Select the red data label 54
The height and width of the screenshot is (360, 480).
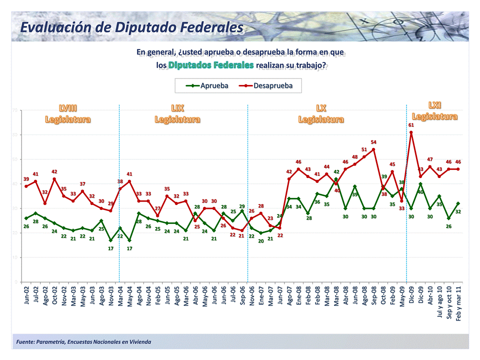(x=373, y=142)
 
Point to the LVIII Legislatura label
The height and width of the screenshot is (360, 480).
(x=68, y=114)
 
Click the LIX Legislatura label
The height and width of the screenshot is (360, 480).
(x=177, y=114)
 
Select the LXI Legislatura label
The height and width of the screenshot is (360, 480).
(x=434, y=110)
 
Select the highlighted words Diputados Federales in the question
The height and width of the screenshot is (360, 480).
(x=211, y=65)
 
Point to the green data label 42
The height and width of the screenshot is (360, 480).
(x=336, y=172)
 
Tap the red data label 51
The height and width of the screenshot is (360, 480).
(x=364, y=149)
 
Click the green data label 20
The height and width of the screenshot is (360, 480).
(x=261, y=241)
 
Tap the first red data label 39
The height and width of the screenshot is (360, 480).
(x=26, y=178)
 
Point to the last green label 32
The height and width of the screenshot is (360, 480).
(x=458, y=212)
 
